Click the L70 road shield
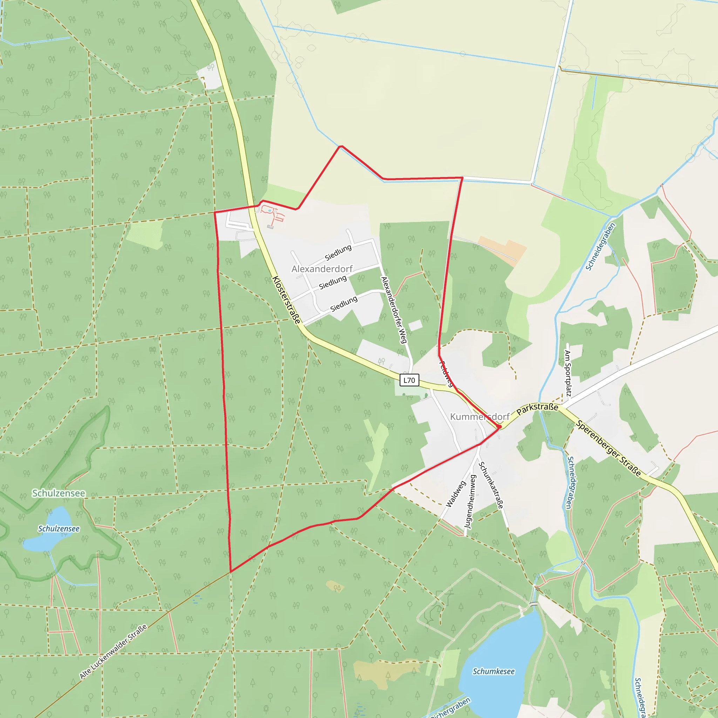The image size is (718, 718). point(409,380)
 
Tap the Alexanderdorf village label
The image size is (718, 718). point(322,269)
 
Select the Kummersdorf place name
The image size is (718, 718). point(479,416)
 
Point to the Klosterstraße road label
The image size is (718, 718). point(286,300)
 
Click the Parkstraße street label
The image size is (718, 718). point(537,408)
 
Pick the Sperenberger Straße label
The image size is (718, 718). point(609,448)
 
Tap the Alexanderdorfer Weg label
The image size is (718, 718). point(394,310)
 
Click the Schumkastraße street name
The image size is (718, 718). point(491,485)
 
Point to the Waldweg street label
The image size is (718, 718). point(456,494)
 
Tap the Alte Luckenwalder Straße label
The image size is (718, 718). point(113,651)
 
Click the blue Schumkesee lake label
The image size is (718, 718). point(494,671)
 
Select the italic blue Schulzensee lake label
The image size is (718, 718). point(59,528)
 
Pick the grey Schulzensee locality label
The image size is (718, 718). point(59,493)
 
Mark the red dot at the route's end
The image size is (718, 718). point(499,427)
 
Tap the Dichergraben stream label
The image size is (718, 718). point(451,708)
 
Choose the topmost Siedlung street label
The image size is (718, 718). point(338,253)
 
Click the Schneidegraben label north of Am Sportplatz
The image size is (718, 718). point(601,246)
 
